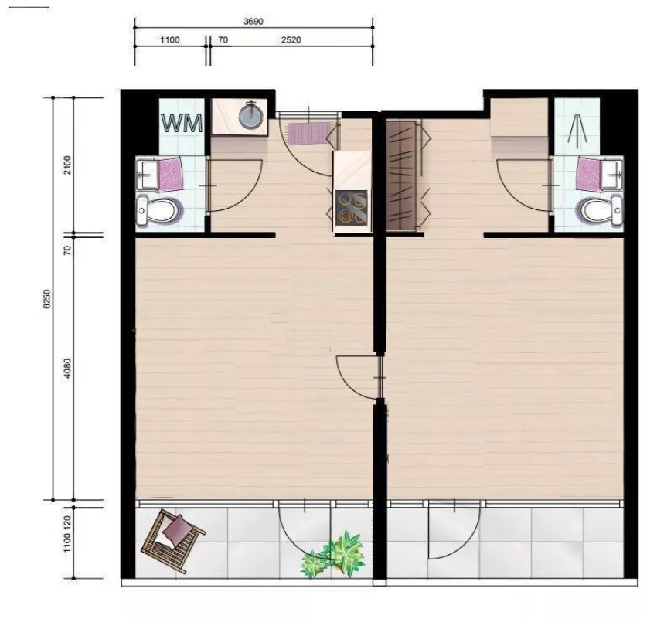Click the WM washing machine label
pos(182,124)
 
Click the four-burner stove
pos(351,206)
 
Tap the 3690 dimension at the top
pos(254,21)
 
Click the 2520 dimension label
pos(291,39)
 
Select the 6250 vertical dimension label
pos(47,298)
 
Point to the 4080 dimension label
pos(68,369)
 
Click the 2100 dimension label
pos(68,165)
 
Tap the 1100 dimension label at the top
pos(170,39)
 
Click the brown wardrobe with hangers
pos(401,175)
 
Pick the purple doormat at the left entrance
pos(309,133)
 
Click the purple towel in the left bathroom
pos(171,174)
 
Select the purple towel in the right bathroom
pos(589,174)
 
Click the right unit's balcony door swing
pos(454,530)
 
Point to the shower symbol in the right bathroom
pos(577,131)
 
